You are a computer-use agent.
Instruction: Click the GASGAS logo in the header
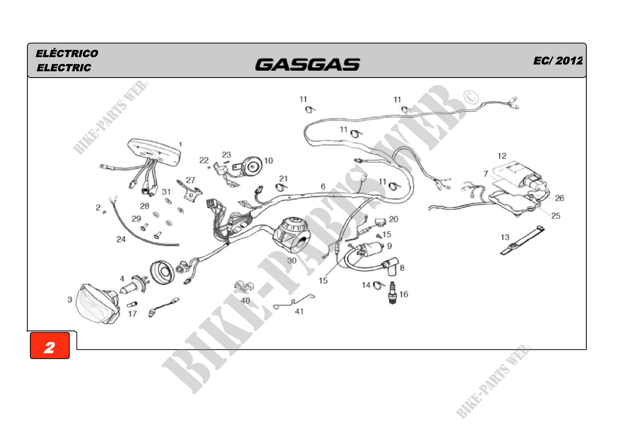tap(308, 64)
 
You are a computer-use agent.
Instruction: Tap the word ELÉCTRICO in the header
tap(67, 53)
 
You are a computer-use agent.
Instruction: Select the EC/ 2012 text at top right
tap(558, 61)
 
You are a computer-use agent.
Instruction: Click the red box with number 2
tap(50, 345)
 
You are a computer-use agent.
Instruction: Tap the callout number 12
tap(502, 156)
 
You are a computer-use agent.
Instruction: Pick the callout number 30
tap(292, 260)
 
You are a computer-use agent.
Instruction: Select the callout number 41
tap(299, 311)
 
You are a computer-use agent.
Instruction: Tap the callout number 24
tap(121, 239)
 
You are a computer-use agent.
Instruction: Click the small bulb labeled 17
tap(132, 304)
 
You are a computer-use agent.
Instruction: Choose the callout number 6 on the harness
tap(323, 187)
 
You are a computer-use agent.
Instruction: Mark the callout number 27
tap(190, 180)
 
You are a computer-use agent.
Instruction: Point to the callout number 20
tap(394, 219)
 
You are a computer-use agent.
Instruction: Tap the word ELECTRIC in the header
tap(64, 68)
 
